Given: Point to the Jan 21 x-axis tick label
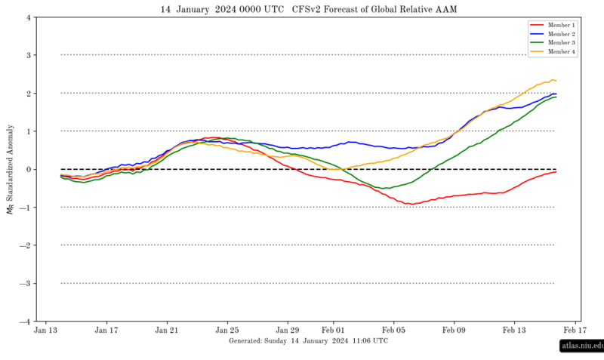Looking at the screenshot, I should (x=167, y=330).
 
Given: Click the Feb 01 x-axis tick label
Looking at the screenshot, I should (x=333, y=330).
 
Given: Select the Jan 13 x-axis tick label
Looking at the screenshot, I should (x=46, y=330).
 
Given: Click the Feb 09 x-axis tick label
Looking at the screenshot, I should (x=454, y=330).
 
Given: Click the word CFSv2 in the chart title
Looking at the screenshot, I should (x=307, y=9).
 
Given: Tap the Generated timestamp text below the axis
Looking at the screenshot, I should (x=308, y=341).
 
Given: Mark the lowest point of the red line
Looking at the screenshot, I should (x=411, y=204).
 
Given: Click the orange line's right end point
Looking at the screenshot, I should (x=556, y=81).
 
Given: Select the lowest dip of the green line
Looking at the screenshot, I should (x=386, y=188).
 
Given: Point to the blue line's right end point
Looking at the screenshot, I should (x=556, y=94).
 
